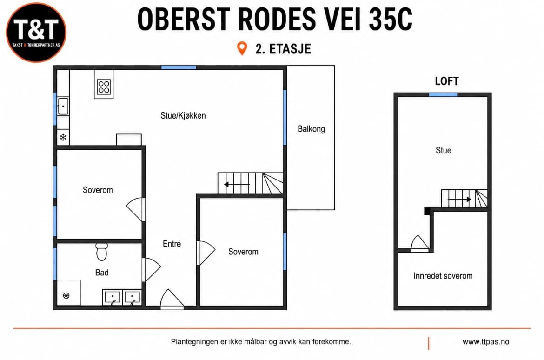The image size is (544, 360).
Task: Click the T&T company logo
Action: tap(36, 33)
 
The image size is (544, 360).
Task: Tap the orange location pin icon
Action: tap(242, 48)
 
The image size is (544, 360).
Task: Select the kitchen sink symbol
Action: tap(63, 106)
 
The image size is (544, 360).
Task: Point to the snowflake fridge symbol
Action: tap(63, 138)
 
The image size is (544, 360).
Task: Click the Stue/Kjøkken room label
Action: tap(183, 116)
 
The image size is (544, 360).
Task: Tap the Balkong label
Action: tap(311, 129)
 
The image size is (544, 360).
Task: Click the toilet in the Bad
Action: tap(102, 252)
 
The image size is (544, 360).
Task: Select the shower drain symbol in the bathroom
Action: tap(66, 295)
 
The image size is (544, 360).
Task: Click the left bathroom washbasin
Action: tap(113, 298)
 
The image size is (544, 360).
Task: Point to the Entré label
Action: tap(172, 244)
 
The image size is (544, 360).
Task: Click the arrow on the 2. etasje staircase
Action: tap(237, 184)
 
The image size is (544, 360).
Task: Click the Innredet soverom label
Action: tap(443, 276)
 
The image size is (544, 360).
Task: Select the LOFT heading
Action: tap(447, 81)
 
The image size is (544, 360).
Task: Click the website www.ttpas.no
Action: tap(486, 342)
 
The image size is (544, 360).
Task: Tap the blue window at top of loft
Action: tap(443, 94)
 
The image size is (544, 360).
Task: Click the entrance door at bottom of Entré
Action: tap(172, 299)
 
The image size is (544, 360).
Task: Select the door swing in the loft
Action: tap(420, 243)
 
